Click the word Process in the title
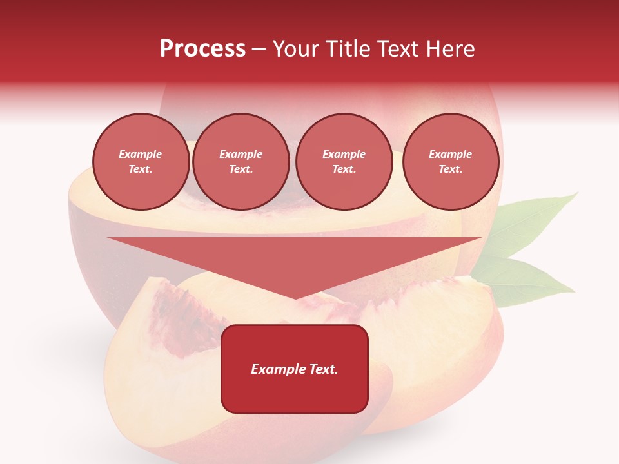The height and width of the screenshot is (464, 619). click(202, 49)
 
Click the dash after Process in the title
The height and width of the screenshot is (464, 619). click(259, 50)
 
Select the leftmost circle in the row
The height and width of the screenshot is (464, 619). click(141, 162)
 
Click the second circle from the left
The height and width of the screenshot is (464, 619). click(241, 162)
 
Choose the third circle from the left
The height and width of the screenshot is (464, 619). click(344, 162)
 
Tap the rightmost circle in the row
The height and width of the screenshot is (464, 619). click(451, 162)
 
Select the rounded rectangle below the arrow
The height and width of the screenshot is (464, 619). click(295, 369)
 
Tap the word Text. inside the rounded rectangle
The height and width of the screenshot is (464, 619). click(322, 369)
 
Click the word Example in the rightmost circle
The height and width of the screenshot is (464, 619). click(450, 154)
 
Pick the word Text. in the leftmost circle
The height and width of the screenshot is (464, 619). click(141, 169)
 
